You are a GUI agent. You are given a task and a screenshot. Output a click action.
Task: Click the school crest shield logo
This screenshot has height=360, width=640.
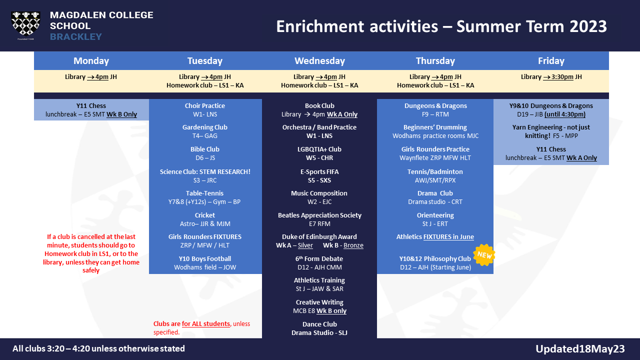tap(25, 24)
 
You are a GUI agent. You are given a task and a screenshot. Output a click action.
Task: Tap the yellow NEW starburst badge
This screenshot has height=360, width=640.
tap(484, 255)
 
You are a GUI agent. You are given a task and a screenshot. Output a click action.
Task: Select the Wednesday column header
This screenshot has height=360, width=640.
tap(319, 61)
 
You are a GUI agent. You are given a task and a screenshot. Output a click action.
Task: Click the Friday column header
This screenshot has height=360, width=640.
tap(551, 61)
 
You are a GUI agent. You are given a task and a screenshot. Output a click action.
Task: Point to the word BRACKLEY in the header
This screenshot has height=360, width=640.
tap(76, 37)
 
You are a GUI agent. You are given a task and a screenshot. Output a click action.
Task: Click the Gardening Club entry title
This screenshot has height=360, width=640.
tap(205, 127)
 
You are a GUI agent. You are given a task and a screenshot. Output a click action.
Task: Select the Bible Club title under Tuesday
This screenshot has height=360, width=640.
tap(205, 149)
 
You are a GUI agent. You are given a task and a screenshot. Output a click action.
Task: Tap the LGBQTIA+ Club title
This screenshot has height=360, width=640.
tap(319, 149)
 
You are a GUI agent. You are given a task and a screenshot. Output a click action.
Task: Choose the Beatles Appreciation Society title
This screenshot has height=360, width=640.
tap(319, 215)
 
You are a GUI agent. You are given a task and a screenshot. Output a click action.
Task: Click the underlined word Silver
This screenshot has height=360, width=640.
tap(305, 245)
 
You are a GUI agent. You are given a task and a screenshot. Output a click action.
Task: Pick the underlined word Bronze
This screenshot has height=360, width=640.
tap(353, 245)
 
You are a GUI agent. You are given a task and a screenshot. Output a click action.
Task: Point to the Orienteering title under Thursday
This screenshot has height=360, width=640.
tap(435, 215)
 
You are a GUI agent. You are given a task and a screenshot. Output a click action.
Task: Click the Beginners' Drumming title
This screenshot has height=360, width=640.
tap(435, 127)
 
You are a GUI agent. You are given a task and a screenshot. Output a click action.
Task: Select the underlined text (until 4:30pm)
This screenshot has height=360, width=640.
tap(565, 114)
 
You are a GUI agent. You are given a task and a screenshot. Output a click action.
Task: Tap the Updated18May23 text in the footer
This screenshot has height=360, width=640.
tap(580, 349)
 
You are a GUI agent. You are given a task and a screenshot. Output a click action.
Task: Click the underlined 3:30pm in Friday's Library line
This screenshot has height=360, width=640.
tap(562, 77)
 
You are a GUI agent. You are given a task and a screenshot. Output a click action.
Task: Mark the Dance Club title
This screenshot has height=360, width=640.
tap(319, 324)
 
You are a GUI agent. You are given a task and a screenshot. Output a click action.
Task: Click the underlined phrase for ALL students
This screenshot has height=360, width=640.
tap(205, 323)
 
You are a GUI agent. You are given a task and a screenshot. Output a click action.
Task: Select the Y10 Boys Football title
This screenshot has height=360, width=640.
tap(205, 258)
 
